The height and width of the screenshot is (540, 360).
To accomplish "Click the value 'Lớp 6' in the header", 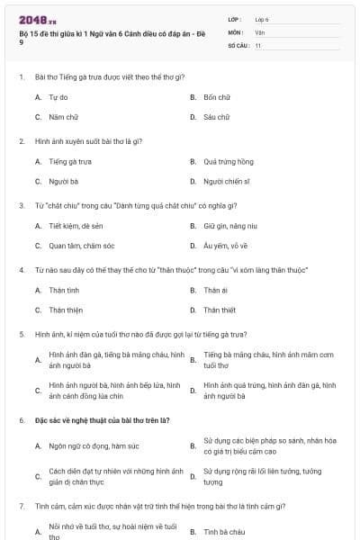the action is [263, 18].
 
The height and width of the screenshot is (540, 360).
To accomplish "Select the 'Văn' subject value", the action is [260, 31].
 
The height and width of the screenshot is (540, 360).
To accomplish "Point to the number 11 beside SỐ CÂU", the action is [258, 45].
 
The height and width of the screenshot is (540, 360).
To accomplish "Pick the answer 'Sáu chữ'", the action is [217, 117].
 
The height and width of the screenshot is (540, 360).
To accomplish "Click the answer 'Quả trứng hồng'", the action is [229, 161].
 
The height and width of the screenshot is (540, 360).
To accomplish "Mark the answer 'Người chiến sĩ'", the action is [227, 181].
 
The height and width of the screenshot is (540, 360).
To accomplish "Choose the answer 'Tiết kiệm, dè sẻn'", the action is [76, 226].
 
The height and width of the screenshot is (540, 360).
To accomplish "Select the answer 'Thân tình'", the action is [64, 290].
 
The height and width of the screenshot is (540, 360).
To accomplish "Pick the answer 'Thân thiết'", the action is [220, 310].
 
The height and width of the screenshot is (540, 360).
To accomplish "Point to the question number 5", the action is [21, 334].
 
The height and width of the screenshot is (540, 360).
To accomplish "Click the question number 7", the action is [21, 505].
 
